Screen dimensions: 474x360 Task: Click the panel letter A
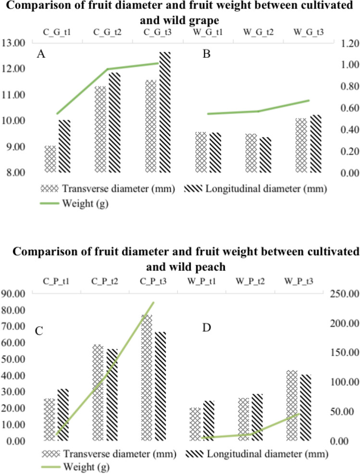(41, 54)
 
